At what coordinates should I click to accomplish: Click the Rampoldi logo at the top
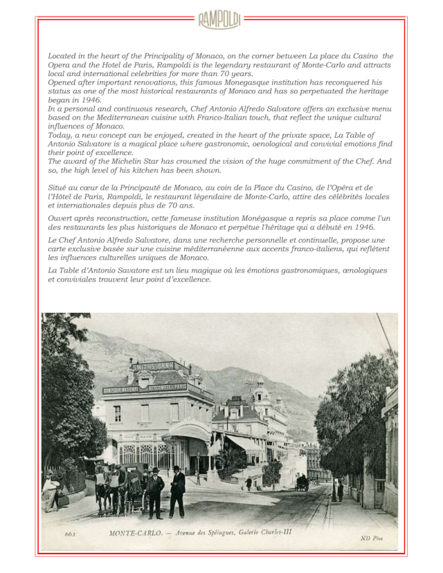coord(219,20)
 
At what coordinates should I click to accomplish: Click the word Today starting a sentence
coord(60,136)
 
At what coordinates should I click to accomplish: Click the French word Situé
coord(59,188)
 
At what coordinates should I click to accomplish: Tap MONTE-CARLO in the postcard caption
coord(138,534)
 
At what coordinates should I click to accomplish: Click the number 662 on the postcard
coord(70,534)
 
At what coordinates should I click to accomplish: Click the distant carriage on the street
coord(302,482)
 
